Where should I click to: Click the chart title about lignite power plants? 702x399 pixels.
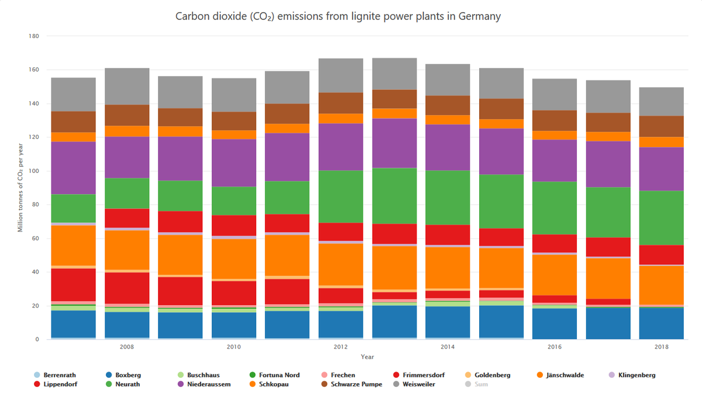338,16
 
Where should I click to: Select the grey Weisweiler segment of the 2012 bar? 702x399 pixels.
340,76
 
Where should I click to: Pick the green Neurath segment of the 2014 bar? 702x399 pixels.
448,197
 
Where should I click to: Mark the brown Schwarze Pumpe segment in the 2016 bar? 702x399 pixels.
555,120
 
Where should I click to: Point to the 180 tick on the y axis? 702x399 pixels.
33,36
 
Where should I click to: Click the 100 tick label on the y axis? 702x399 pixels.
33,171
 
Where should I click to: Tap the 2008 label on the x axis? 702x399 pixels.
127,347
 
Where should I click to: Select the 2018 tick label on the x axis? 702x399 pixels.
662,347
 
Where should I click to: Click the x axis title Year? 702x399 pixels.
367,357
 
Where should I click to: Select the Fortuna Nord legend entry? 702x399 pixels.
278,375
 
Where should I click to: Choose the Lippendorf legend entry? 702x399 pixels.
60,384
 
